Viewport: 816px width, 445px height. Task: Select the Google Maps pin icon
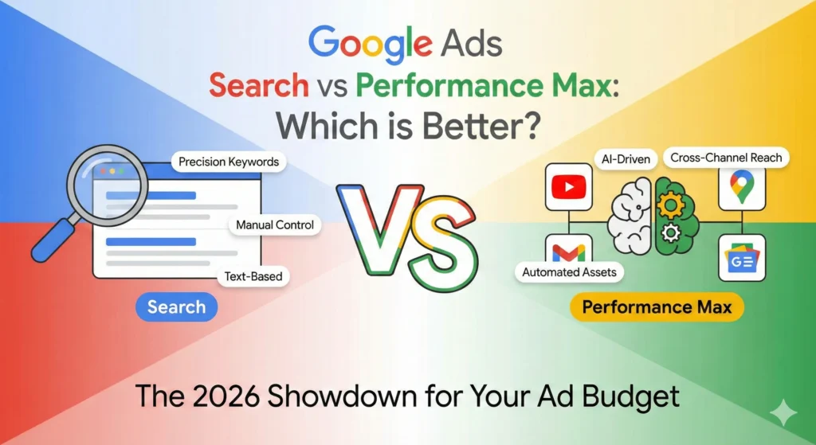(x=741, y=187)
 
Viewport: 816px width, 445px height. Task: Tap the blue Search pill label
(x=176, y=307)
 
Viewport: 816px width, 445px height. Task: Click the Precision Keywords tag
(x=229, y=162)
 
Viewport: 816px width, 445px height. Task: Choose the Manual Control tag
(x=275, y=225)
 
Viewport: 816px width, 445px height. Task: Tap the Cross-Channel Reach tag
(x=726, y=158)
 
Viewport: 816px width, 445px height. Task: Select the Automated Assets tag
(x=569, y=272)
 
